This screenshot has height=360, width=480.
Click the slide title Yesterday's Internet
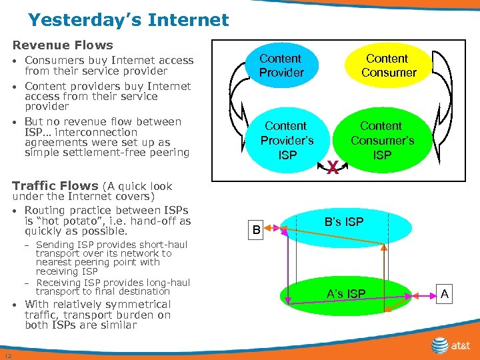click(128, 20)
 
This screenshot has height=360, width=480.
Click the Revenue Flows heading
click(63, 45)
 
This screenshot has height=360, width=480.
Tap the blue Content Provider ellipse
click(281, 65)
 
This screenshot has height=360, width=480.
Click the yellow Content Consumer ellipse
click(388, 65)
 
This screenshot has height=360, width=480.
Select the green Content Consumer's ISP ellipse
click(382, 140)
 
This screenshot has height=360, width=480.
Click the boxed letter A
click(445, 293)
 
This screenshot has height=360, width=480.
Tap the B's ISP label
click(344, 221)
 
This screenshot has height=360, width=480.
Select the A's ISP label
click(345, 293)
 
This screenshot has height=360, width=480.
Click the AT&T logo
click(449, 345)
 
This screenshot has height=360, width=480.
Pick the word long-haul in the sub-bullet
click(167, 282)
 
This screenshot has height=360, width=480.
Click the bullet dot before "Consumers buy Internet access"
click(15, 61)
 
